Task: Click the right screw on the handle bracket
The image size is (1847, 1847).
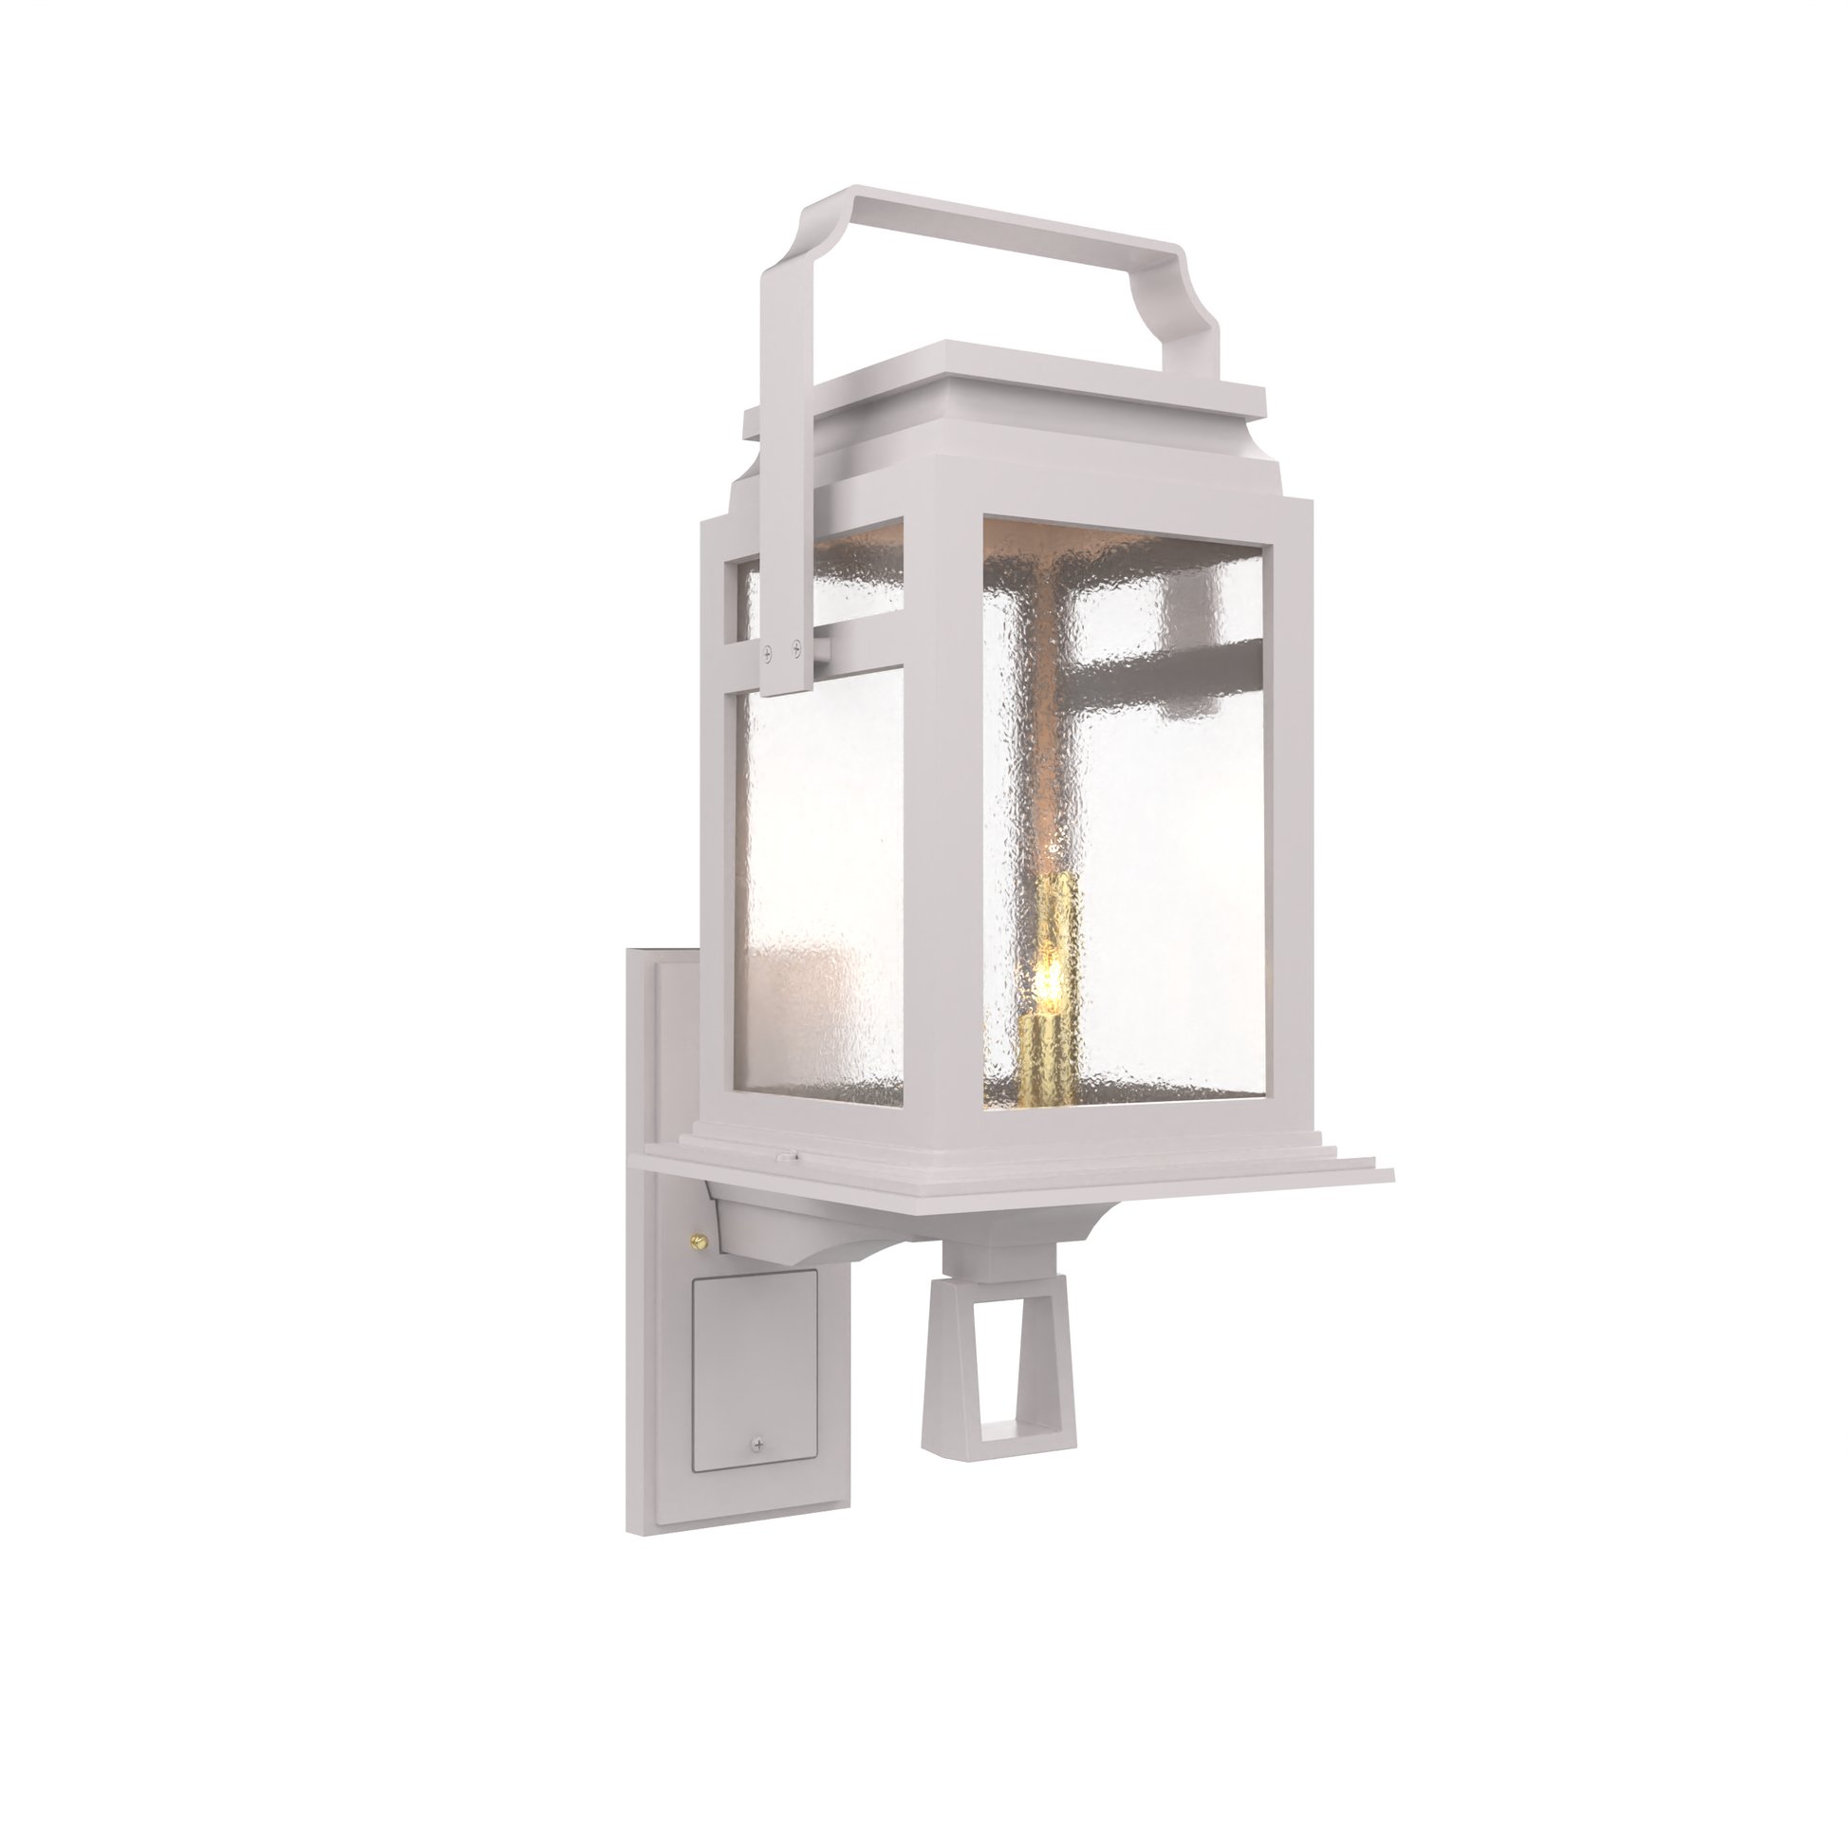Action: (795, 649)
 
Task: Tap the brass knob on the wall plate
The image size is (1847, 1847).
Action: (697, 1240)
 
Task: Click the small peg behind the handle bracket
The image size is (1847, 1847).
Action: (823, 650)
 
